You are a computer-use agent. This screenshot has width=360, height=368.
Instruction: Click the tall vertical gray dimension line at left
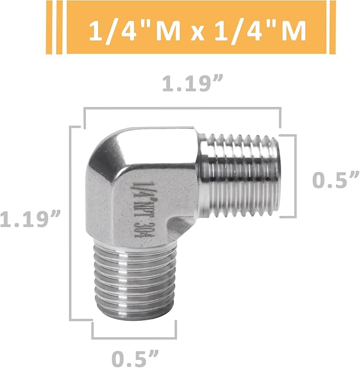click(71, 222)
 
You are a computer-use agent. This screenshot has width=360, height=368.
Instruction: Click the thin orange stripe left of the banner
click(59, 27)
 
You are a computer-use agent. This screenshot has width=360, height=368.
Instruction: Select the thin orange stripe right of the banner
click(332, 27)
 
